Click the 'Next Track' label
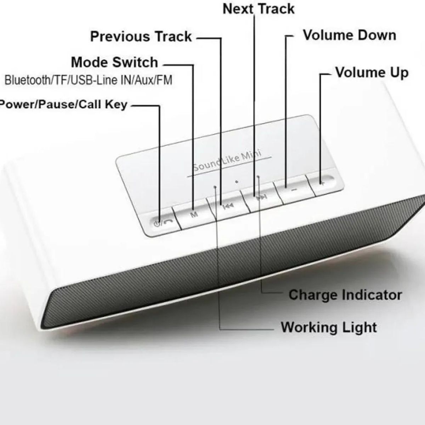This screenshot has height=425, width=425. pos(259,9)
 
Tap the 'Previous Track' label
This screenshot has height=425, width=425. pos(141,36)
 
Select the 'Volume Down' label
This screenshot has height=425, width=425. pos(350,35)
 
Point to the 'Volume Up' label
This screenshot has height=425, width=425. pos(372,73)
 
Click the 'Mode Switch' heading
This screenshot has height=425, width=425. pos(114,62)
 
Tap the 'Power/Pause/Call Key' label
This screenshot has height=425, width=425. pos(64,104)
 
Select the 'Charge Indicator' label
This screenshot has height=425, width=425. pos(345,295)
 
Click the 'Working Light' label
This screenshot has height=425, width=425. pos(329,327)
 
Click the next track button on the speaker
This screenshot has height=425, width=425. pos(262,197)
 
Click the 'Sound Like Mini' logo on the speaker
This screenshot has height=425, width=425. pos(227,160)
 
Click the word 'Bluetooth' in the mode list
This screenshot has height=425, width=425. pos(28,80)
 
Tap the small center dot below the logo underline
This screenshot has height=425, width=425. pos(237,182)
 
